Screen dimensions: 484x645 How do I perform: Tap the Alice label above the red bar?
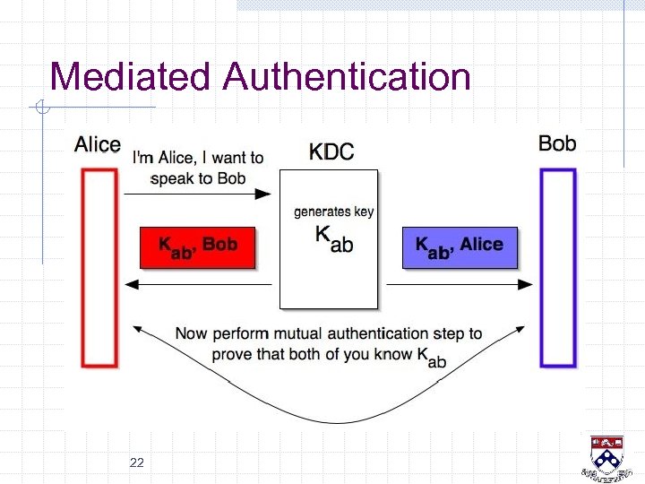(98, 144)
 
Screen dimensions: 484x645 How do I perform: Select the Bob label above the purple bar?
(557, 143)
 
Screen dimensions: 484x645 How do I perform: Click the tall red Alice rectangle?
(99, 268)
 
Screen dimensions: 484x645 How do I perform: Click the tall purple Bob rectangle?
(557, 268)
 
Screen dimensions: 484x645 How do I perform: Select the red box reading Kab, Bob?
(198, 247)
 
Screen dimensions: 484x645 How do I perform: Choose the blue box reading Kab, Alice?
(460, 247)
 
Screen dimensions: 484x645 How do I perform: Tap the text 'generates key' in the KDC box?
(334, 212)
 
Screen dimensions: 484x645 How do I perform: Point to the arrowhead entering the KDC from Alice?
(266, 194)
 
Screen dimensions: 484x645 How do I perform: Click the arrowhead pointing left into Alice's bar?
(131, 284)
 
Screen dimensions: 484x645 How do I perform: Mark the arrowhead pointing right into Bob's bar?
(528, 284)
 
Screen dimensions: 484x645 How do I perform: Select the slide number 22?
(137, 462)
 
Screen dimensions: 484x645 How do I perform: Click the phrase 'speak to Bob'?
(198, 178)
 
